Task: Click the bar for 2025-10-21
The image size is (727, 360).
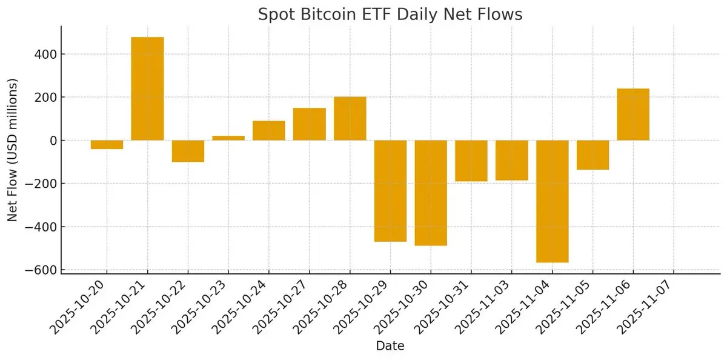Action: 147,88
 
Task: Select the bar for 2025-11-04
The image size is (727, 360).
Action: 553,201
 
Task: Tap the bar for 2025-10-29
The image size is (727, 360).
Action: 390,191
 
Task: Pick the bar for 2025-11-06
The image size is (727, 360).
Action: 633,115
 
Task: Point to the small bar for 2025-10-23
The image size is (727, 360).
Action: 228,138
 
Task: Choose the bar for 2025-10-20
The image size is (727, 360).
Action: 107,144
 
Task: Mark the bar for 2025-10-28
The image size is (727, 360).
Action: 350,119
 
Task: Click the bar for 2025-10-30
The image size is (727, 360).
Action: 431,193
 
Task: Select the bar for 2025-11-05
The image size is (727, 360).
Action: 593,155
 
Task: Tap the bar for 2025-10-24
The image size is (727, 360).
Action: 269,130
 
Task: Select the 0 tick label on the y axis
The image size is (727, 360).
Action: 53,141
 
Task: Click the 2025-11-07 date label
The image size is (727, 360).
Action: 645,306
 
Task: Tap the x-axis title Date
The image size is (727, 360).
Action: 390,346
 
